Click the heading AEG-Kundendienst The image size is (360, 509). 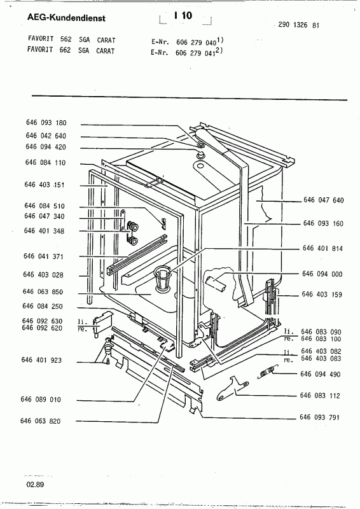click(66, 18)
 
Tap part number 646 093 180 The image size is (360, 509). click(46, 123)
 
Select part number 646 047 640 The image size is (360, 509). click(323, 200)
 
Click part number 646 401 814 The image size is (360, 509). click(322, 248)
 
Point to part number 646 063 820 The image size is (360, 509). click(40, 421)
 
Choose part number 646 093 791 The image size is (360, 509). click(319, 417)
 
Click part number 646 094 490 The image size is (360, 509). click(321, 374)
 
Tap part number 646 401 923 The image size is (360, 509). click(41, 359)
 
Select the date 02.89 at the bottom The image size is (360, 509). click(36, 485)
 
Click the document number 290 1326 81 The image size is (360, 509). click(299, 25)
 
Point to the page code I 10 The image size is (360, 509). click(183, 15)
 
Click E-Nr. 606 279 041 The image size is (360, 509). click(186, 52)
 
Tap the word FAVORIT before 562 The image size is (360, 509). click(41, 39)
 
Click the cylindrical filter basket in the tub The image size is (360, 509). click(163, 277)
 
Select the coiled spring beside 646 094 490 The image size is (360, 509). click(267, 372)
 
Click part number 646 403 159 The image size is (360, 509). click(322, 295)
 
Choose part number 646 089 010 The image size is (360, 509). click(41, 400)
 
